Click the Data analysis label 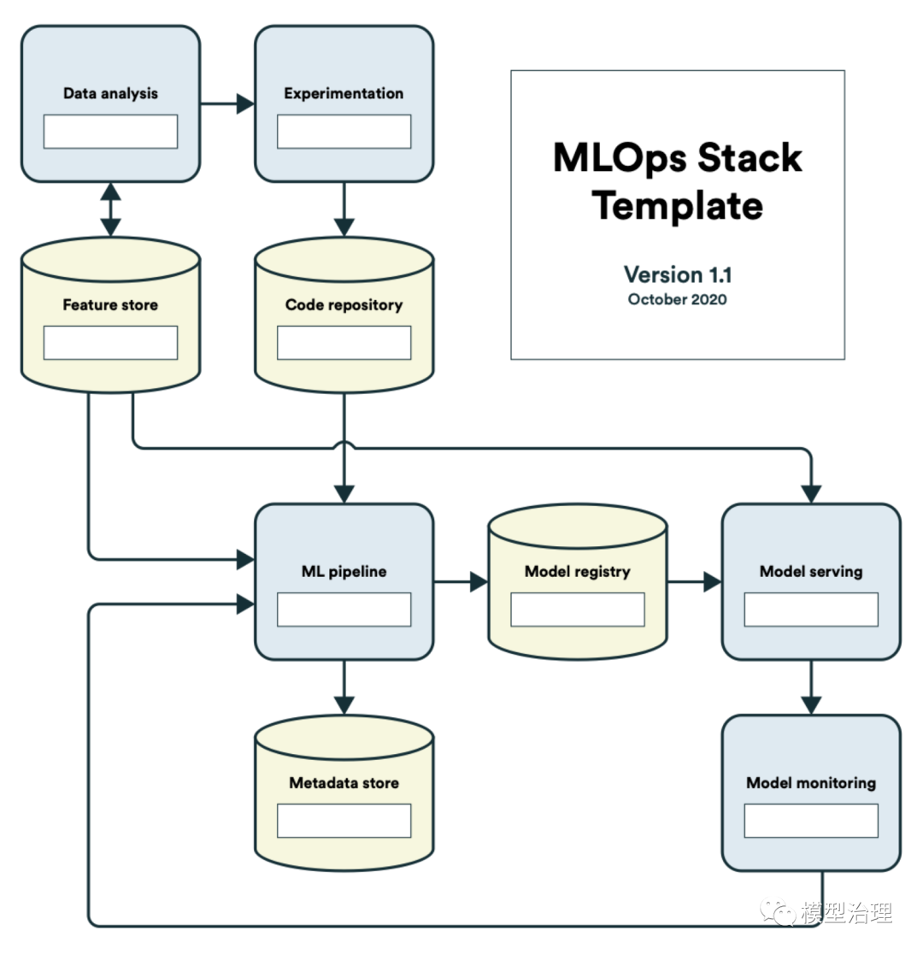click(x=110, y=93)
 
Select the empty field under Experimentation click(x=344, y=132)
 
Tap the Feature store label click(x=110, y=304)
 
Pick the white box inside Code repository click(x=344, y=343)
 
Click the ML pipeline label click(x=344, y=571)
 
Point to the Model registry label click(x=577, y=571)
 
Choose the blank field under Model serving click(x=810, y=609)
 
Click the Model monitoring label click(x=810, y=782)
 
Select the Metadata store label click(x=344, y=782)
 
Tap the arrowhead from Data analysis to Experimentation click(x=245, y=104)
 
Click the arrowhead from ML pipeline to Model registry click(x=478, y=583)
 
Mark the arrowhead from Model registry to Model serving click(x=712, y=583)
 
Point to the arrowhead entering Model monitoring click(x=810, y=705)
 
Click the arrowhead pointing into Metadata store click(x=344, y=705)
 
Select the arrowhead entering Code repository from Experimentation click(x=344, y=227)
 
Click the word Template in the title click(x=678, y=206)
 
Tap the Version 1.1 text click(x=678, y=274)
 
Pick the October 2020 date click(x=678, y=300)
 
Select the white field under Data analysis click(x=110, y=132)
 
